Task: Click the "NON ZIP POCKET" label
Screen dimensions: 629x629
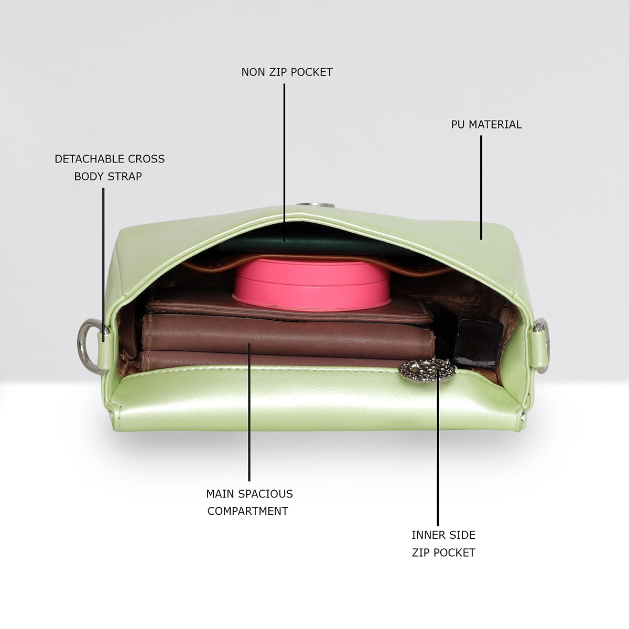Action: click(x=287, y=72)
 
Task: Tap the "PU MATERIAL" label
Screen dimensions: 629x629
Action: click(x=486, y=124)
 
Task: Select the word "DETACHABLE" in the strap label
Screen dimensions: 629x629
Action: click(x=89, y=159)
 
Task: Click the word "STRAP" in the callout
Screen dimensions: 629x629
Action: click(x=125, y=176)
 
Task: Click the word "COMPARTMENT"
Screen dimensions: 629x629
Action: click(x=248, y=511)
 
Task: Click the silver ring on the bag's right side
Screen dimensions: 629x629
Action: click(x=545, y=345)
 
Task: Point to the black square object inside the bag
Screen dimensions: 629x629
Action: click(x=478, y=342)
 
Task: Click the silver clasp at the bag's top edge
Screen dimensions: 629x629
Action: click(x=316, y=205)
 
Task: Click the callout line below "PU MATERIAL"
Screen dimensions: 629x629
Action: click(x=481, y=188)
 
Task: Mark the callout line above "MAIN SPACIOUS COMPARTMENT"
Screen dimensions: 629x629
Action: click(x=250, y=412)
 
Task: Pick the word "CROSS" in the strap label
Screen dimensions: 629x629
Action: click(x=146, y=159)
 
